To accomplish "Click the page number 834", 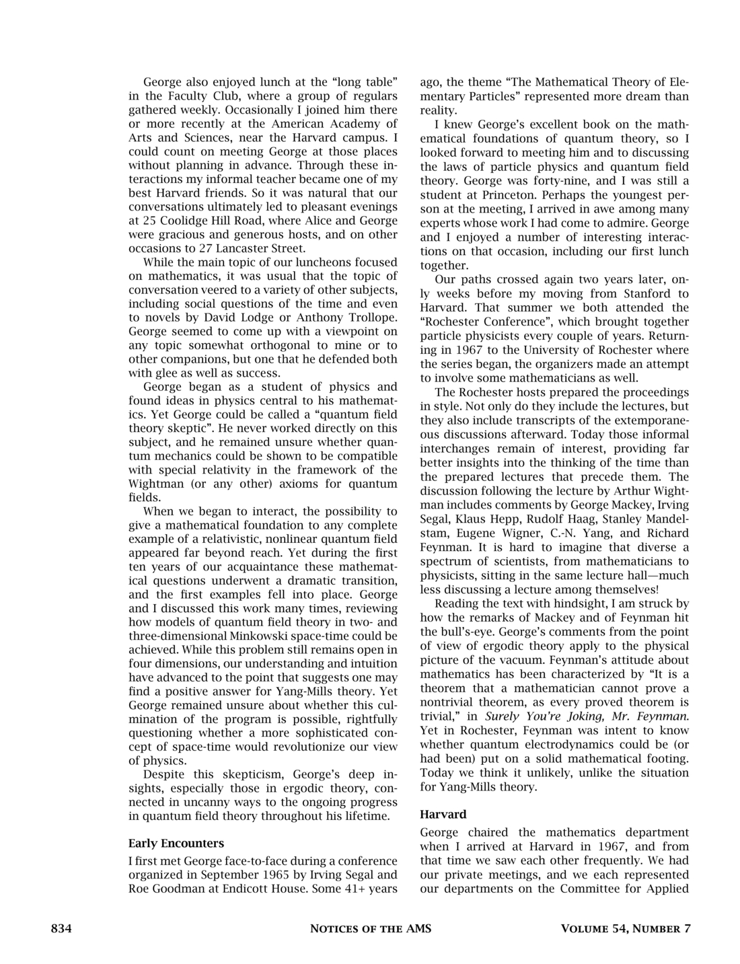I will (x=61, y=929).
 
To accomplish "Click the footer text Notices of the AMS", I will (x=370, y=929).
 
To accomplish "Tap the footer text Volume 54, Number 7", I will (x=625, y=929).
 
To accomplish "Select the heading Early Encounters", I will (x=176, y=843).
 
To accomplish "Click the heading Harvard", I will (x=443, y=815).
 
